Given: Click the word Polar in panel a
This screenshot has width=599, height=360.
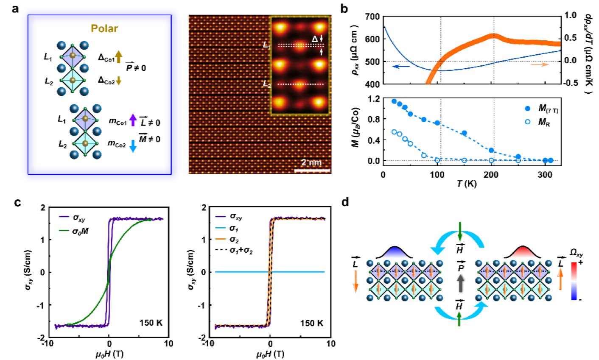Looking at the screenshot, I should click(104, 29).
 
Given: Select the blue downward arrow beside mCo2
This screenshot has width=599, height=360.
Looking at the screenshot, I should click(133, 145).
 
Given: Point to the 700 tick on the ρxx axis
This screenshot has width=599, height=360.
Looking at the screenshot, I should click(372, 17).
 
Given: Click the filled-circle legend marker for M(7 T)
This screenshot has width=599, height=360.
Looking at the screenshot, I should click(528, 109).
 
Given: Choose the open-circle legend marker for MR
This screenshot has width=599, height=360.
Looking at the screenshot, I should click(528, 123).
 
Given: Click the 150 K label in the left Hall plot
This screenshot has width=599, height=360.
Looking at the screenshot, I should click(151, 323).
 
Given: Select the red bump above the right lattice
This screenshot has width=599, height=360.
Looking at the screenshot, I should click(523, 252).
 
